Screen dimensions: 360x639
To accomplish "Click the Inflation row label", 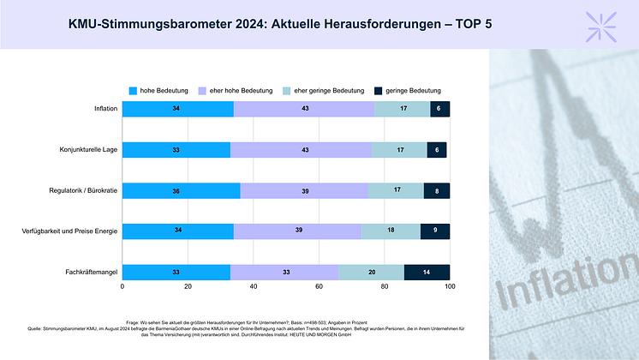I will point(106,109).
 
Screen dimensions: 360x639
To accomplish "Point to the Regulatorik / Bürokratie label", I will point(84,190).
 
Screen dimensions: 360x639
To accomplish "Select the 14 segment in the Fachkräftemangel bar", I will point(427,272).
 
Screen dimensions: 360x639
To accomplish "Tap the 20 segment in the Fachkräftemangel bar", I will point(371,272).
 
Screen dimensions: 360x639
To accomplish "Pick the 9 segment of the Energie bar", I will point(434,231).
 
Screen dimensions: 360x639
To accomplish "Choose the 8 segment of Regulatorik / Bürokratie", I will point(436,190).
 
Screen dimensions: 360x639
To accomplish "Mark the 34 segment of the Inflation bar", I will point(177,109).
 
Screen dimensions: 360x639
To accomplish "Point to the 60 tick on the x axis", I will point(319,287).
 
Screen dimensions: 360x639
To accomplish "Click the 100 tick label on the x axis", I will point(449,287).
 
